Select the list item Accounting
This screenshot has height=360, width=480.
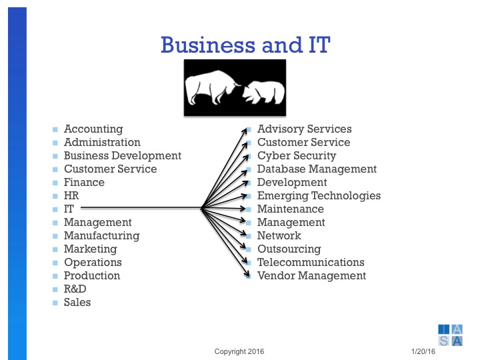pyautogui.click(x=93, y=129)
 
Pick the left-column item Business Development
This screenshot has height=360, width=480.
pyautogui.click(x=122, y=156)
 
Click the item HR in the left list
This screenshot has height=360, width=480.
pyautogui.click(x=71, y=196)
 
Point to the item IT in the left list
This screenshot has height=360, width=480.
pyautogui.click(x=69, y=209)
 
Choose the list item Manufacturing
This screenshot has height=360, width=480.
pyautogui.click(x=101, y=236)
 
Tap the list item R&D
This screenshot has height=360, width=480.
pyautogui.click(x=75, y=289)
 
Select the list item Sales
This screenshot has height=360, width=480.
pyautogui.click(x=77, y=303)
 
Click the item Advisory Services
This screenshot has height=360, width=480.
pyautogui.click(x=304, y=129)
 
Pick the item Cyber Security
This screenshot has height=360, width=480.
pyautogui.click(x=297, y=156)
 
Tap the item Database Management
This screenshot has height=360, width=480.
pyautogui.click(x=317, y=169)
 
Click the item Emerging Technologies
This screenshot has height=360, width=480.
pyautogui.click(x=319, y=196)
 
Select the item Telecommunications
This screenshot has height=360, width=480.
pyautogui.click(x=311, y=263)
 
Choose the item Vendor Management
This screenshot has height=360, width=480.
pyautogui.click(x=311, y=276)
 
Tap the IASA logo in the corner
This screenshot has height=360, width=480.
pyautogui.click(x=450, y=335)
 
